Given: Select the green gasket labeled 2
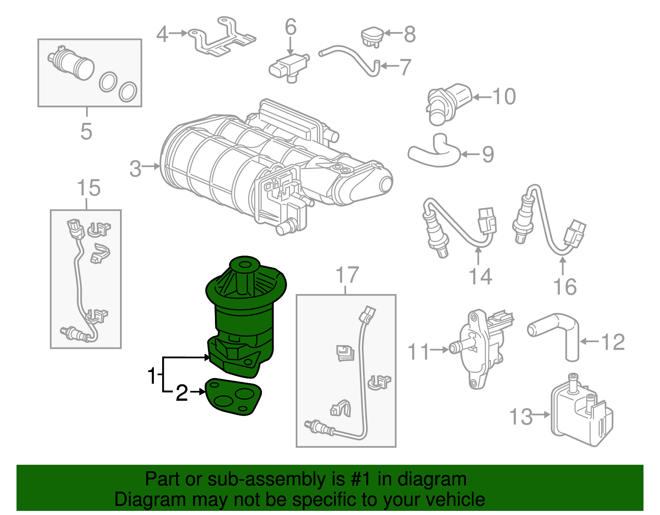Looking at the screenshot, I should (234, 396).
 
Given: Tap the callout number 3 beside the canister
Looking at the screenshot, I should (135, 169).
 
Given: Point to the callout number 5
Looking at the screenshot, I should (86, 131).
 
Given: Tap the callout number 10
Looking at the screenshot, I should (504, 96).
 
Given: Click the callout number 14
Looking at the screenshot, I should (481, 276).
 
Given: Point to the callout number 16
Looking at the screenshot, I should (565, 287).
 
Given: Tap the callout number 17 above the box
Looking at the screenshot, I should (347, 275).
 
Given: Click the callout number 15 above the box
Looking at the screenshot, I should (89, 188).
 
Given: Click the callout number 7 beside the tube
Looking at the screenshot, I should (405, 67).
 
